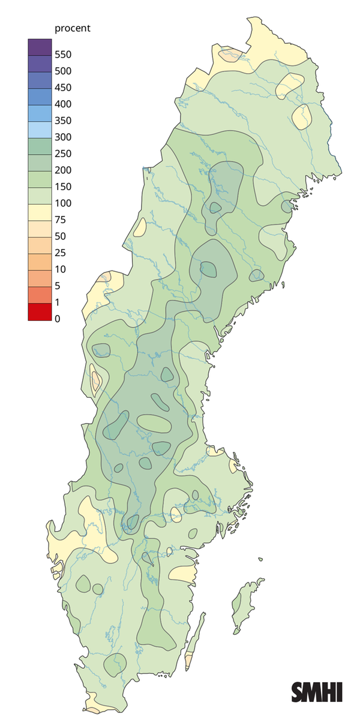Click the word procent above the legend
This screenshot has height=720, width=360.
[x=73, y=28]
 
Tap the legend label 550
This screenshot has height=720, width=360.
[x=63, y=55]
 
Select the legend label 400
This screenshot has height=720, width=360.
[x=63, y=104]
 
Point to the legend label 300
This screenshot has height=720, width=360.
[x=63, y=137]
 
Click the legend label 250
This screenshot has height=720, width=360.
[x=63, y=154]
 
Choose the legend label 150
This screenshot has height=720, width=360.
[x=63, y=187]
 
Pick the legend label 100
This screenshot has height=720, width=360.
[x=63, y=203]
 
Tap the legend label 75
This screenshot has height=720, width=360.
[x=60, y=220]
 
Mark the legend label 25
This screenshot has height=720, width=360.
[x=60, y=253]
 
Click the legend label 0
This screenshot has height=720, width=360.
[x=58, y=319]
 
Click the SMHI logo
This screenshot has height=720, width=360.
[x=317, y=691]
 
